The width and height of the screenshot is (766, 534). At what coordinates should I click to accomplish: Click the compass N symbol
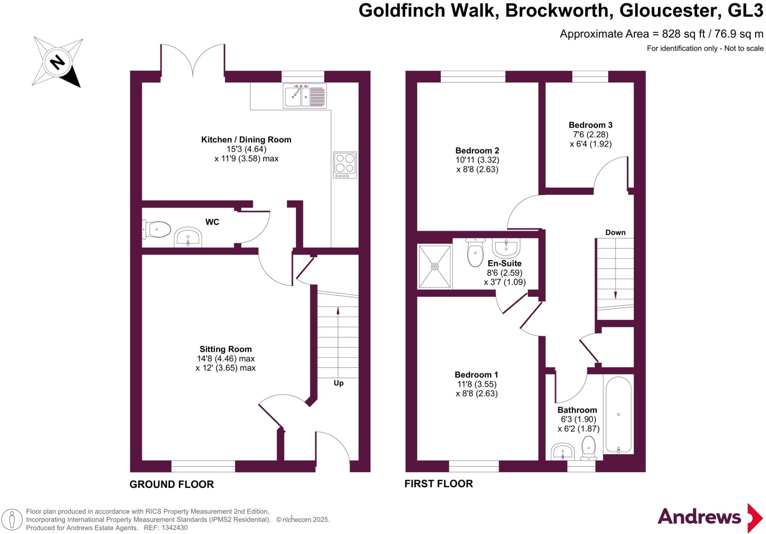point(57,62)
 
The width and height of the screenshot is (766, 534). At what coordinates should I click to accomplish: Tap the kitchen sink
point(304,96)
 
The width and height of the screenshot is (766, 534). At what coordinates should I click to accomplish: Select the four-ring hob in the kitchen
point(344,165)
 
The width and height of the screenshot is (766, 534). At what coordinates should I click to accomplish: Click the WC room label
point(212,222)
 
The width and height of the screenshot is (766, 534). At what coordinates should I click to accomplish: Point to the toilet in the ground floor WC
point(157,229)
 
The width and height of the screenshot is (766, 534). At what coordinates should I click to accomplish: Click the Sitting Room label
point(226,350)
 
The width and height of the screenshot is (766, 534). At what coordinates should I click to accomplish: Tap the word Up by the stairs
point(338,383)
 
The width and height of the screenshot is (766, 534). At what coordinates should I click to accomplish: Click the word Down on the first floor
point(615,233)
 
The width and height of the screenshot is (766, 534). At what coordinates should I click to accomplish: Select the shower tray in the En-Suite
point(435,266)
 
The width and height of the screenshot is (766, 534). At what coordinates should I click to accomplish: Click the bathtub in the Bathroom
point(618,415)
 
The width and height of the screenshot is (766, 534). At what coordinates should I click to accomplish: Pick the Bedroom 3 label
point(591,125)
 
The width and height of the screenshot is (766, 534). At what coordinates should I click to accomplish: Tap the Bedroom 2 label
point(477,151)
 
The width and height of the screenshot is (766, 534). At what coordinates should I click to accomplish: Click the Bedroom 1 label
point(477,375)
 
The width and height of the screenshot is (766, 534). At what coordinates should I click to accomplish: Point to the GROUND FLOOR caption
point(172,485)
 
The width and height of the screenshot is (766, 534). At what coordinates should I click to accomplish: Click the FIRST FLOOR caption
point(439,484)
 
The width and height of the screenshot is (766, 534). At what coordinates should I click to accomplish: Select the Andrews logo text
point(699,518)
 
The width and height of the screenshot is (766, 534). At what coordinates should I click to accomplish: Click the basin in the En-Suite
point(506,246)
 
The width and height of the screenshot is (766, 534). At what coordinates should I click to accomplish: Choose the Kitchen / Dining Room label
point(246,140)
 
